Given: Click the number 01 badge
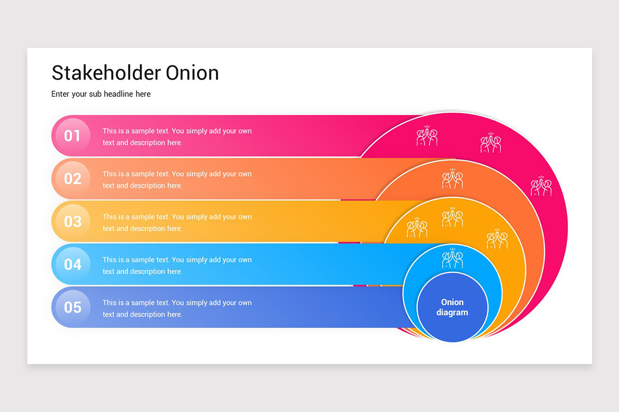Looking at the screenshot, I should [x=72, y=136].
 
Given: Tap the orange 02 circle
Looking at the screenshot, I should [x=72, y=179].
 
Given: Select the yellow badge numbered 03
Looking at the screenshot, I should [x=72, y=221].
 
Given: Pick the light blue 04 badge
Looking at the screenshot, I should [x=72, y=264].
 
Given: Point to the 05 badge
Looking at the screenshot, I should [x=72, y=307].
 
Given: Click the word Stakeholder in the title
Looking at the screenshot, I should [x=106, y=73].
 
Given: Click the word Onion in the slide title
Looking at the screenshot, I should [x=192, y=73].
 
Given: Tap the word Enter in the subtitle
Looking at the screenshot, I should [x=61, y=94].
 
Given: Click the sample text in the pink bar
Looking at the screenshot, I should [x=177, y=136].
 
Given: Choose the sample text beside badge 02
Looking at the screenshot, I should [x=177, y=179].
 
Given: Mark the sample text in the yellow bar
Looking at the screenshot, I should [x=177, y=222].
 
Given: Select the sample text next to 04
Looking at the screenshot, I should [x=177, y=265].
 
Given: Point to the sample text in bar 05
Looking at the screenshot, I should [x=177, y=308].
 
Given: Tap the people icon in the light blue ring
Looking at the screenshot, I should [x=452, y=259].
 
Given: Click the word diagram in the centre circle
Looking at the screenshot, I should [x=452, y=313].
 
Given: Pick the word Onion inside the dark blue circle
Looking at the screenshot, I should [x=452, y=302].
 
